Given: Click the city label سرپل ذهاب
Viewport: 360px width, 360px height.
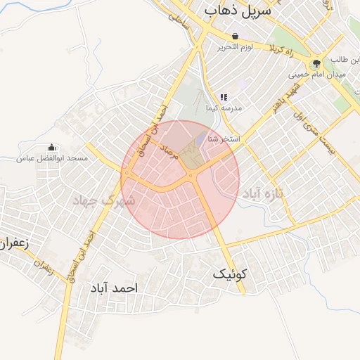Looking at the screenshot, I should [x=239, y=12].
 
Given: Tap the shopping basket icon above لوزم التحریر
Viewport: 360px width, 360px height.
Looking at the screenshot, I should [x=234, y=37].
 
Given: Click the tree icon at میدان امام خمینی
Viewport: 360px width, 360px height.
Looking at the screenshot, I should [x=316, y=64].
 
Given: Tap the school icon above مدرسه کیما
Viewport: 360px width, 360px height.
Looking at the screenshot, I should [x=224, y=97].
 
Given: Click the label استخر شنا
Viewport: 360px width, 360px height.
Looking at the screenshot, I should [x=224, y=139].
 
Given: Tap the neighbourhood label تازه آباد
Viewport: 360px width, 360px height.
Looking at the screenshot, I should [x=264, y=193].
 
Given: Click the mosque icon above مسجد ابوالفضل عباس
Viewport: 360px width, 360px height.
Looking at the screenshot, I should [x=51, y=148].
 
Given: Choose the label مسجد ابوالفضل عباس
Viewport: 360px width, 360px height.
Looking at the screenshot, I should [x=53, y=158].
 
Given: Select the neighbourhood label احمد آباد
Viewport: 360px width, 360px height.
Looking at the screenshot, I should [x=114, y=288].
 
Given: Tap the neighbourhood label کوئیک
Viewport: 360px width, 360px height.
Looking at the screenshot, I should [x=231, y=276].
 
